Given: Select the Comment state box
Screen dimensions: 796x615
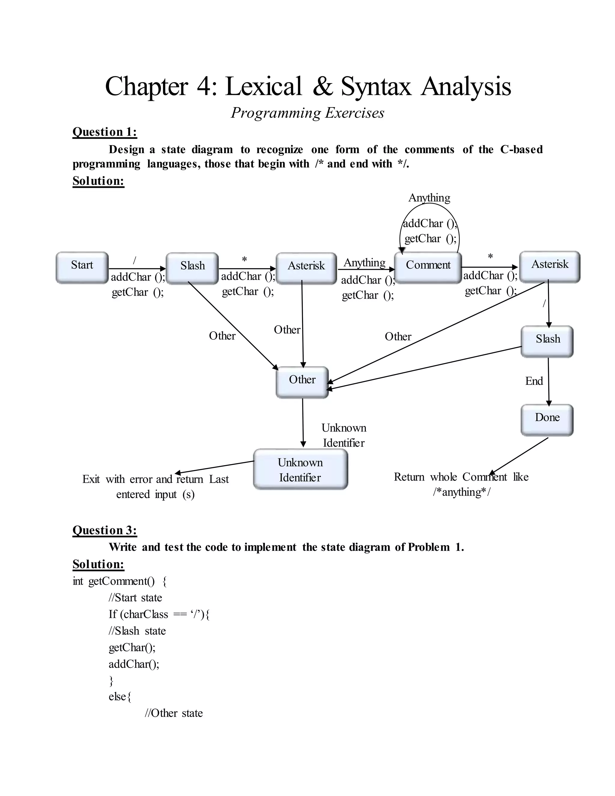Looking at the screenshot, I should (x=428, y=267).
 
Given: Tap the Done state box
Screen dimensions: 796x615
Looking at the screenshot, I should (x=547, y=420).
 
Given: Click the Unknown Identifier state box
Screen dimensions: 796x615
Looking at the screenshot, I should (x=300, y=469).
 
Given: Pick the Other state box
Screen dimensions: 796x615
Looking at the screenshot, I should (x=302, y=382).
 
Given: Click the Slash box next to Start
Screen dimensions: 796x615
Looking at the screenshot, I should (x=192, y=268).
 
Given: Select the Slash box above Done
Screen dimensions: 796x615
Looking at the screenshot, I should (x=547, y=341).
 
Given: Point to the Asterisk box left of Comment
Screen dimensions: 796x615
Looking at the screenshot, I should (x=306, y=268).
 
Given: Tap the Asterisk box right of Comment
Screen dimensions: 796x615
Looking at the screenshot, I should (x=550, y=266).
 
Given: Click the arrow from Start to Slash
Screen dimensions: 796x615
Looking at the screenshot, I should (x=137, y=269).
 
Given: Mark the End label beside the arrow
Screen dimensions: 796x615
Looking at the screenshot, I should (x=534, y=381).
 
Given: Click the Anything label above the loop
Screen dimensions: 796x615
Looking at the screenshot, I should (x=429, y=198).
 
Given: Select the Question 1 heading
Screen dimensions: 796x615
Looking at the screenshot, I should (x=105, y=132).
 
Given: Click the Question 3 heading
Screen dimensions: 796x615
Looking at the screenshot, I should (x=105, y=530).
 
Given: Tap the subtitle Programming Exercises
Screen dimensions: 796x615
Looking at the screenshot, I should (x=307, y=113).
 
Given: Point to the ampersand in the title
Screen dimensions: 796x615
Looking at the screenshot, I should (x=322, y=87).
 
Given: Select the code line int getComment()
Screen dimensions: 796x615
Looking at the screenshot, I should (x=120, y=581).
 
